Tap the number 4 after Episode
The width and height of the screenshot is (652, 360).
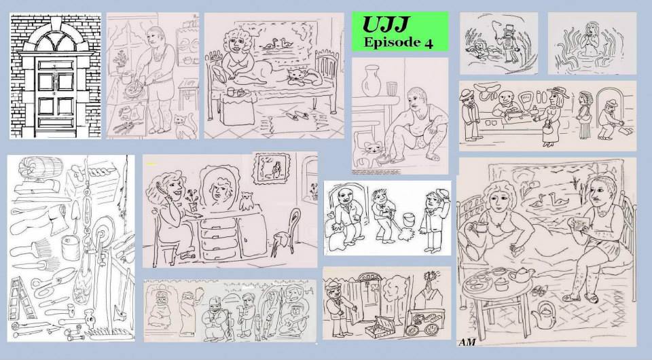click(429, 42)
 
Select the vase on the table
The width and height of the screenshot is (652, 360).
click(371, 81)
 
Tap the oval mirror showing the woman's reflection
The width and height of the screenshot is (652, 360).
click(221, 189)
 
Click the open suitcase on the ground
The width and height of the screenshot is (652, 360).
click(381, 327)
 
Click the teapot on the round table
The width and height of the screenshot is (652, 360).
click(522, 274)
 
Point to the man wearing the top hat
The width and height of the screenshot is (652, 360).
click(508, 43)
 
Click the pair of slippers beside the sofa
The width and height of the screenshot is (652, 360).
click(300, 116)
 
